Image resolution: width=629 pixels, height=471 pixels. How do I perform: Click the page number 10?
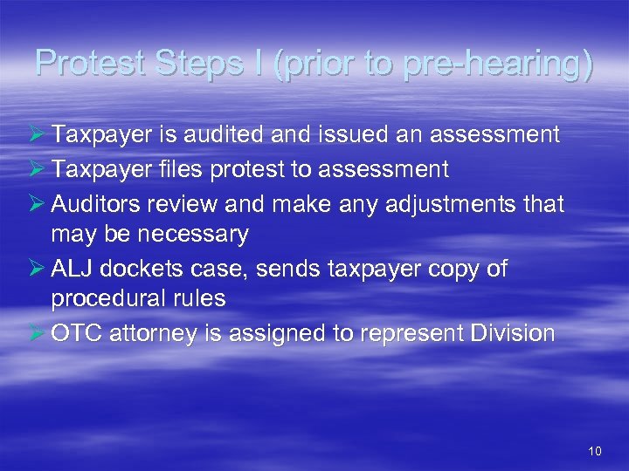pos(596,451)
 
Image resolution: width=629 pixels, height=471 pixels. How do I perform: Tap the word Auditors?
pos(104,204)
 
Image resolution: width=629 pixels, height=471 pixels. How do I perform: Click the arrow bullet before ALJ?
pos(37,269)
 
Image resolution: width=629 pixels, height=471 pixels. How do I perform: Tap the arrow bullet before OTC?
pos(37,333)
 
